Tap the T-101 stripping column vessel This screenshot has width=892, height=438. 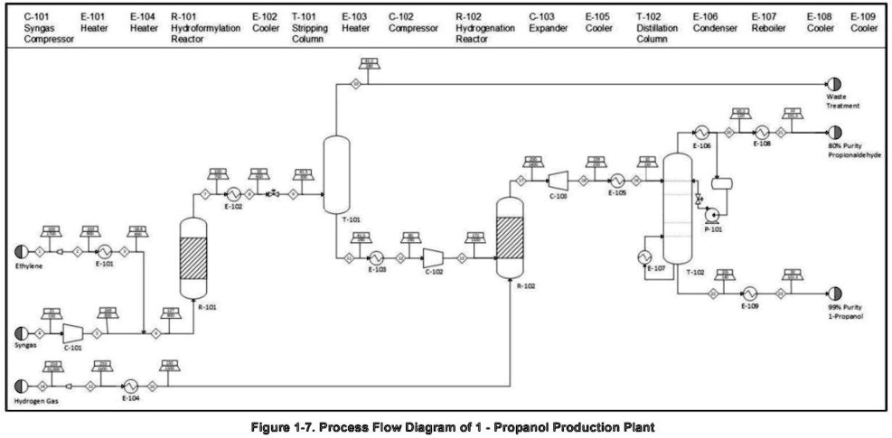(336, 173)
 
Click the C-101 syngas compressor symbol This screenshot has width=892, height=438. (73, 333)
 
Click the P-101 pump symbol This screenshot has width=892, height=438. (711, 215)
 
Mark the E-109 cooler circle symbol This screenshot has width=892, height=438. (749, 293)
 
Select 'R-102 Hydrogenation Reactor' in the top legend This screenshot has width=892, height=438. (484, 23)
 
